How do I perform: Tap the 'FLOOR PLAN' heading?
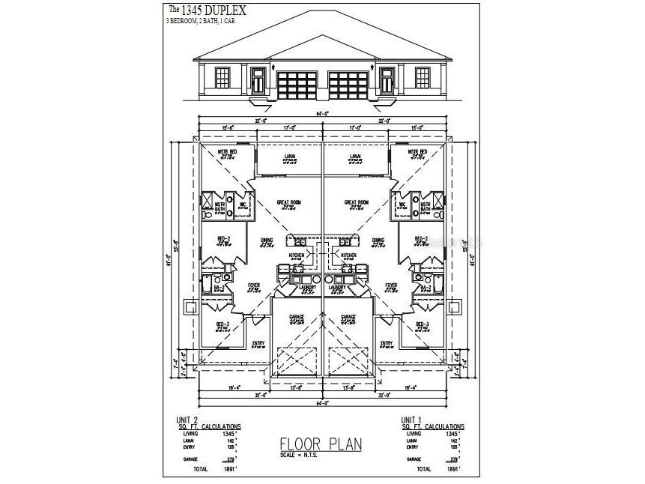coord(320,444)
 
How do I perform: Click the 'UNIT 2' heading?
coord(186,420)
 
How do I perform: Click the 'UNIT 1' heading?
coord(413,420)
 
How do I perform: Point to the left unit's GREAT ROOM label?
coord(288,202)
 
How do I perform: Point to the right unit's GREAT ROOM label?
coord(357,202)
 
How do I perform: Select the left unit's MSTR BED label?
coord(228,152)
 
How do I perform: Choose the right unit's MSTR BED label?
coord(417,152)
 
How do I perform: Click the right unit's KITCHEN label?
coord(348,255)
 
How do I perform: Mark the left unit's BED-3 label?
coord(222,324)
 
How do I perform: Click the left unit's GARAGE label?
coord(297,318)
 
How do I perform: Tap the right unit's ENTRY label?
coord(387,343)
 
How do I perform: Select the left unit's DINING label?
coord(267,241)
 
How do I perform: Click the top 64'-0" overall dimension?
coord(322,114)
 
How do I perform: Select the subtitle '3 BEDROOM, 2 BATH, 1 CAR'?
coord(202,22)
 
